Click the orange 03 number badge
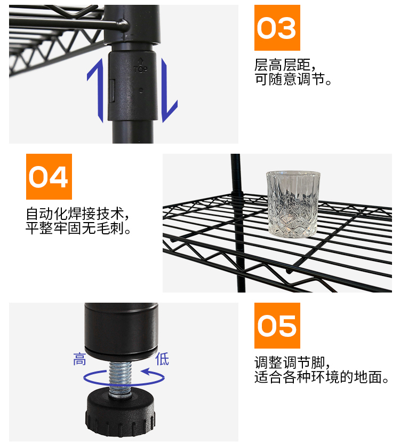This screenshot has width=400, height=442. [x=277, y=28]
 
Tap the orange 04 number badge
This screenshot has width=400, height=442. [x=49, y=177]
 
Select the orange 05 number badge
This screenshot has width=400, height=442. [x=277, y=326]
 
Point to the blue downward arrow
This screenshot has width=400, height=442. [x=169, y=90]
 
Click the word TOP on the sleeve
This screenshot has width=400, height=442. [x=140, y=68]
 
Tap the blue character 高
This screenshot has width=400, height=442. [x=79, y=359]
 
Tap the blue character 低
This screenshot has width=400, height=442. [x=162, y=359]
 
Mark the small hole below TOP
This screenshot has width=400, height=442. [x=141, y=90]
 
